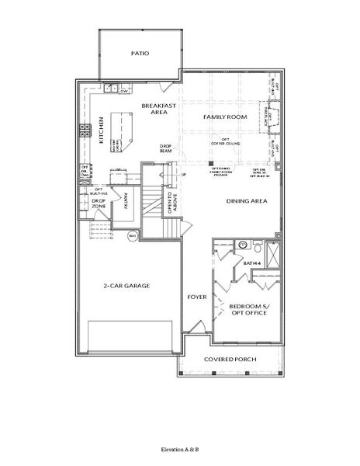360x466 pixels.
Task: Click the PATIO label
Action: [x=140, y=54]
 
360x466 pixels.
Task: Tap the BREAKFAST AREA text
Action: [x=155, y=109]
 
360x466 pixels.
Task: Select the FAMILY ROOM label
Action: [x=225, y=116]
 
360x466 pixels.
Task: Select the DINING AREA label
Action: [x=247, y=201]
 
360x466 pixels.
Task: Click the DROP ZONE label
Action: [x=99, y=204]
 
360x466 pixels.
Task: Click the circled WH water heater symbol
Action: [x=132, y=236]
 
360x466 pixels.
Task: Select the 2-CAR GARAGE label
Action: [x=127, y=286]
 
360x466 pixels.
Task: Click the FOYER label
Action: [x=196, y=297]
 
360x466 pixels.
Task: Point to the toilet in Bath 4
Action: [x=242, y=245]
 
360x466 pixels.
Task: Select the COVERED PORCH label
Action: [x=230, y=360]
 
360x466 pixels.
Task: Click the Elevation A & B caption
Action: [x=179, y=450]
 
